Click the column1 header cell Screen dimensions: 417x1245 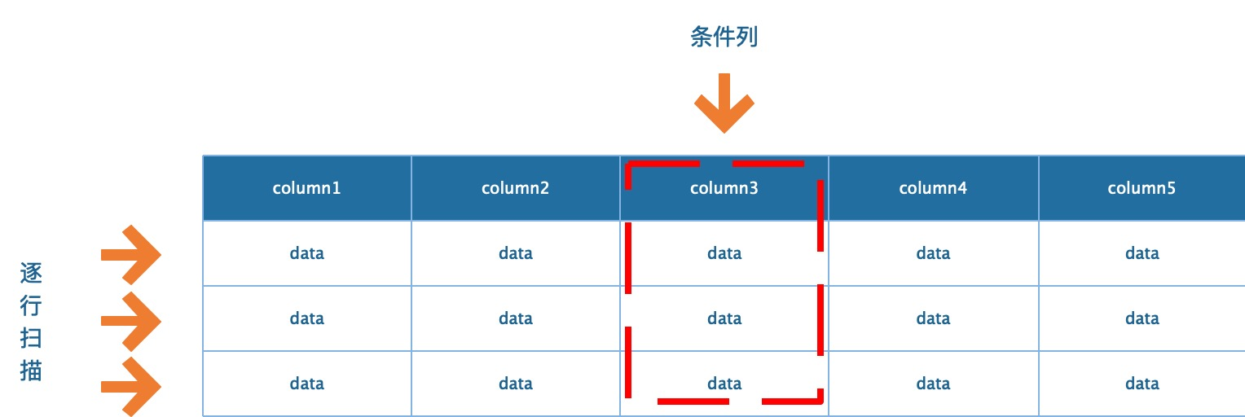pyautogui.click(x=307, y=188)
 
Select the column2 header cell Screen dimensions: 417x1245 pyautogui.click(x=516, y=188)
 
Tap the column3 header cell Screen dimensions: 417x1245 pyautogui.click(x=724, y=188)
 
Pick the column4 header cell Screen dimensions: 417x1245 pyautogui.click(x=933, y=188)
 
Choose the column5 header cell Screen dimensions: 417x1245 pyautogui.click(x=1142, y=188)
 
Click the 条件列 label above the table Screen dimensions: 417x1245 pyautogui.click(x=724, y=37)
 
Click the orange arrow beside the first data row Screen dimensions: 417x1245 pyautogui.click(x=131, y=254)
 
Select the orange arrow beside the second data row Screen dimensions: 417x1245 pyautogui.click(x=131, y=320)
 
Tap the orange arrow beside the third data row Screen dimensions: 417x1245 pyautogui.click(x=131, y=384)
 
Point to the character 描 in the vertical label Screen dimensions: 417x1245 pyautogui.click(x=31, y=371)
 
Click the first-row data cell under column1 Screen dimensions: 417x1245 pyautogui.click(x=307, y=253)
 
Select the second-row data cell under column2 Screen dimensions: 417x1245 pyautogui.click(x=516, y=318)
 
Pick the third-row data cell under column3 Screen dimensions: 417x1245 pyautogui.click(x=724, y=384)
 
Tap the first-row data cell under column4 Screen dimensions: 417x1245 pyautogui.click(x=933, y=253)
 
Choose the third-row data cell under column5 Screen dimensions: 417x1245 pyautogui.click(x=1142, y=384)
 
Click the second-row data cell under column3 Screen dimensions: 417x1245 pyautogui.click(x=724, y=318)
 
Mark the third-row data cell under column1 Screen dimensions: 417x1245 pyautogui.click(x=307, y=384)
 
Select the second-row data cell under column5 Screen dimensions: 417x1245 pyautogui.click(x=1142, y=318)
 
